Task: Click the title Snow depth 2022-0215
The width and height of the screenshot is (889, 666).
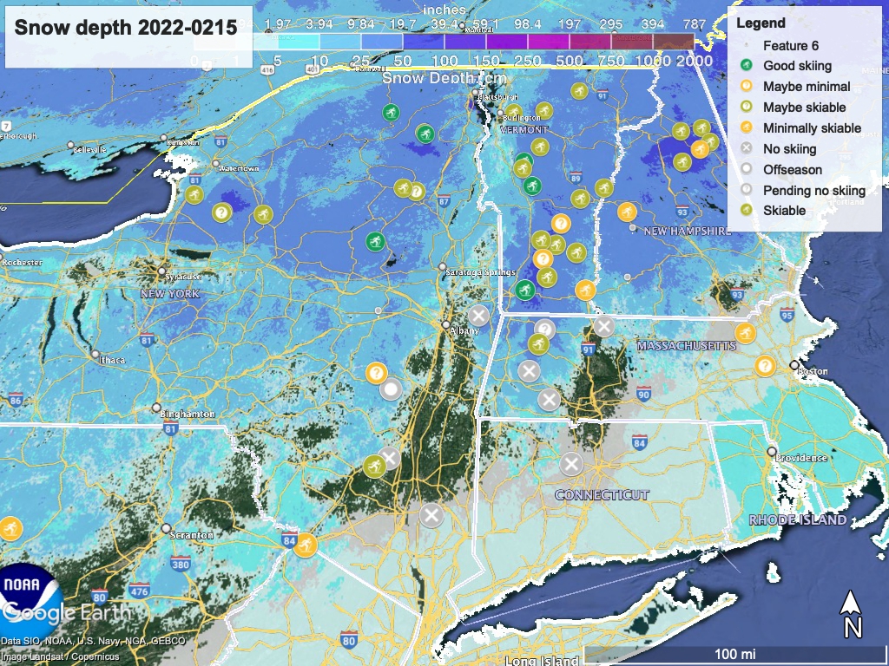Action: coord(126,27)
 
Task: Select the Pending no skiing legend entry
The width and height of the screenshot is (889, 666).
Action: coord(813,190)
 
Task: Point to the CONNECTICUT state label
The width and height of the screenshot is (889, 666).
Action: coord(602,494)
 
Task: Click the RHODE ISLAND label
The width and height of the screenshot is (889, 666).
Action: coord(798,519)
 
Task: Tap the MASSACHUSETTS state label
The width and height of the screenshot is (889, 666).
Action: coord(686,346)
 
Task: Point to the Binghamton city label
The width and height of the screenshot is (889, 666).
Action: coord(188,414)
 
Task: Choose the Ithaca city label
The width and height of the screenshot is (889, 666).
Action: coord(112,360)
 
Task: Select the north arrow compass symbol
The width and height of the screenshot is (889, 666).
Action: coord(853,614)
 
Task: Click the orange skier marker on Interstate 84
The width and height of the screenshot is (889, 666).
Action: coord(305,545)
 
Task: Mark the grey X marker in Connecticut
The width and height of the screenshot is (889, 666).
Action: coord(570,464)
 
